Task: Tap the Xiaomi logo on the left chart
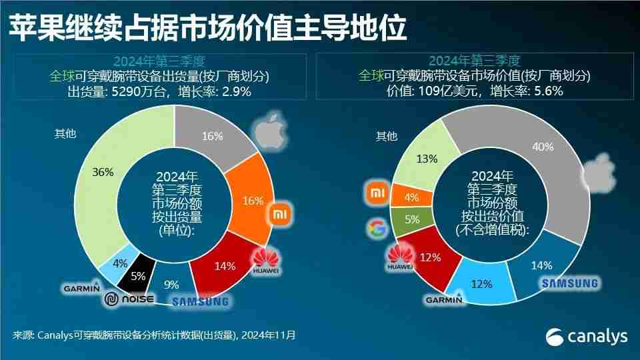(x=278, y=214)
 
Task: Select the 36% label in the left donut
(x=104, y=171)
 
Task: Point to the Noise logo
(x=129, y=299)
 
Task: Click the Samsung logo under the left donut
(x=200, y=301)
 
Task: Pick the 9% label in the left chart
(x=171, y=285)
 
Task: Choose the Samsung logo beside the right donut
(x=569, y=284)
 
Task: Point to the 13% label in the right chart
(x=427, y=159)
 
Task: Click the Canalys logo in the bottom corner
(x=587, y=337)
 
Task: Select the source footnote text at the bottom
(x=154, y=335)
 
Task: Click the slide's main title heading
(x=207, y=29)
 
